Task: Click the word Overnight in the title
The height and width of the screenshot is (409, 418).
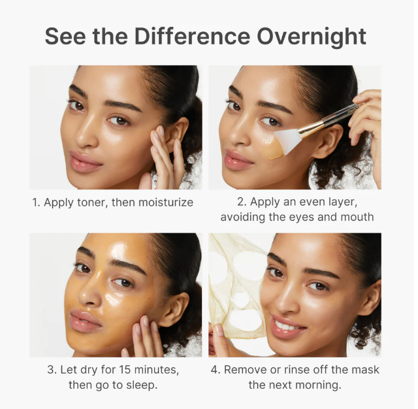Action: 312,37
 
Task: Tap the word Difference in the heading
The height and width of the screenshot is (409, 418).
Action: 192,36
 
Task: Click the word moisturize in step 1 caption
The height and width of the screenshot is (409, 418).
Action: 165,203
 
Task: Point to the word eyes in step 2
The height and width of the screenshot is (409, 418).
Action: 302,218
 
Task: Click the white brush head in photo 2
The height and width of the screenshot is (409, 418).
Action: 289,140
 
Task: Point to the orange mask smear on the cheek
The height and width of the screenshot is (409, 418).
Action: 272,150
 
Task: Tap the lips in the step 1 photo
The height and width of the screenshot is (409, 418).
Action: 84,161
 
